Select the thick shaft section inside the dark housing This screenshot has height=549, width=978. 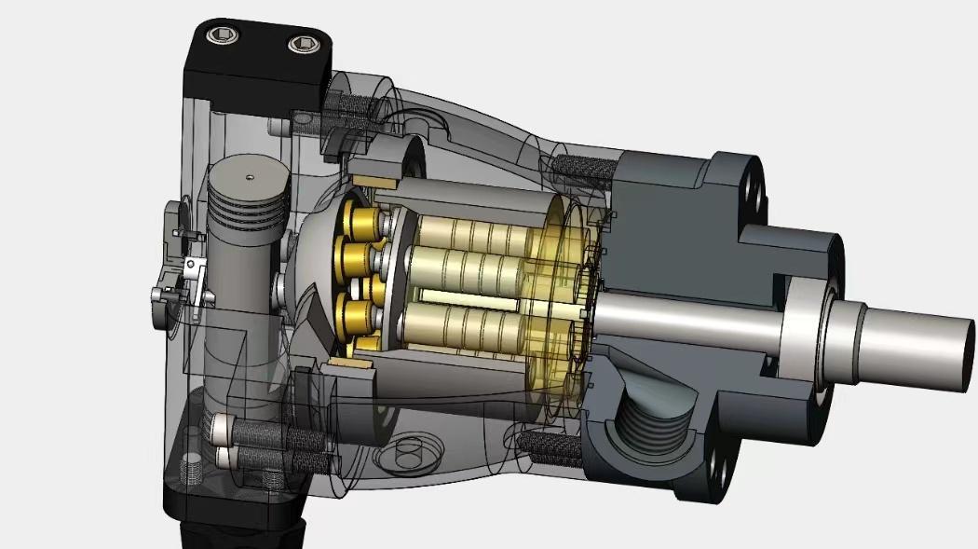click(x=680, y=322)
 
